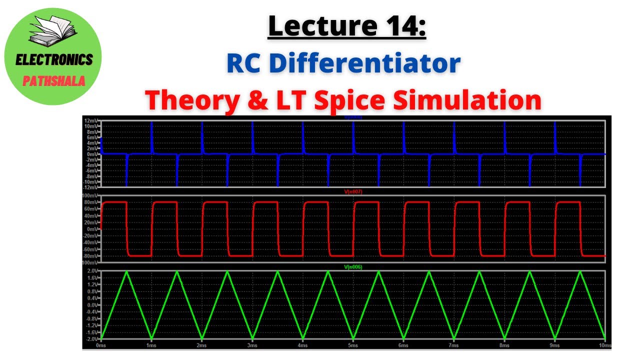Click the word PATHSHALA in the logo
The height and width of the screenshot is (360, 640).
[54, 81]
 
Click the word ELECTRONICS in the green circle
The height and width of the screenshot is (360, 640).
[54, 60]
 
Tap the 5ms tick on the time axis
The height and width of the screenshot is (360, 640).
[352, 345]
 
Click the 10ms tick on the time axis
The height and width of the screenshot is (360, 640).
[604, 345]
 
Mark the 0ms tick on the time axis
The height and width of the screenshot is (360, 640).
[101, 345]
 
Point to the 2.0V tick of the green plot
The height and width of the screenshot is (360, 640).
[92, 271]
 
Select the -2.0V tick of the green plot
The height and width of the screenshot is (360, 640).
[91, 338]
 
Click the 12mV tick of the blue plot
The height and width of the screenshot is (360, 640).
[91, 121]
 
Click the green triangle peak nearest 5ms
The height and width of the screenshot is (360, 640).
[328, 272]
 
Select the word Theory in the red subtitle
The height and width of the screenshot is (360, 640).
[191, 100]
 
